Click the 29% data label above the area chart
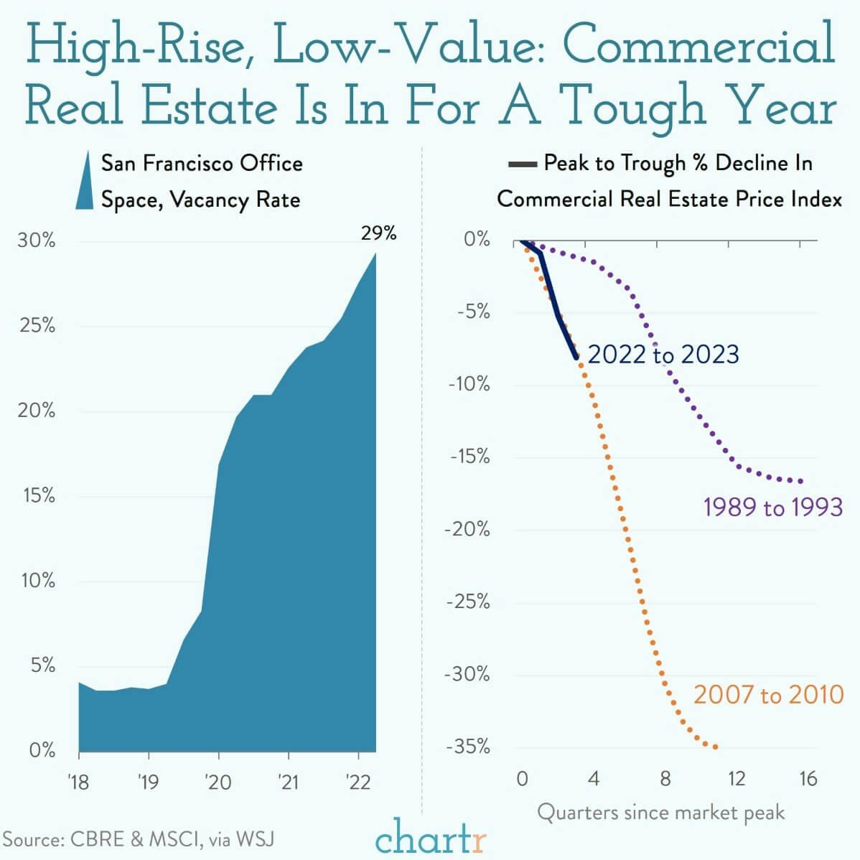tap(378, 233)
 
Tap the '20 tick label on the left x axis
tap(218, 781)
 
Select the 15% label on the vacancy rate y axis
tap(38, 495)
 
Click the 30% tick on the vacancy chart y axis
tap(37, 240)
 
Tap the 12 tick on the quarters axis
tap(736, 779)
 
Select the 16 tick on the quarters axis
tap(808, 779)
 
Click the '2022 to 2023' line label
tap(663, 355)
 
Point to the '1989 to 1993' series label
tap(772, 508)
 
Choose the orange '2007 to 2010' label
tap(768, 695)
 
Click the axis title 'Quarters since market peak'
tap(660, 813)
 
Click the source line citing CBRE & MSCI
tap(138, 838)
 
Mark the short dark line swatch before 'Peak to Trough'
tap(523, 165)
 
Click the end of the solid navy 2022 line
tap(576, 357)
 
